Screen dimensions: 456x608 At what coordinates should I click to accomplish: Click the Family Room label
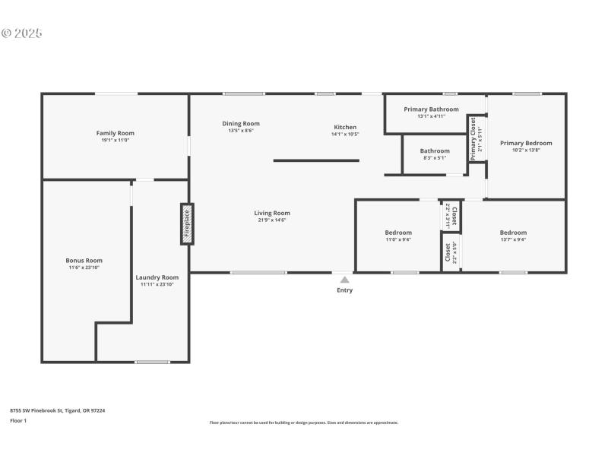coord(116,133)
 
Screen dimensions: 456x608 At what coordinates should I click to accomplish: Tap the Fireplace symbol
coord(187,223)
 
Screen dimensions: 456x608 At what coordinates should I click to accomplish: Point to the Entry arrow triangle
coord(344,280)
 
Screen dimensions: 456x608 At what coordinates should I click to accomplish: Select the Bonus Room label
coord(84,261)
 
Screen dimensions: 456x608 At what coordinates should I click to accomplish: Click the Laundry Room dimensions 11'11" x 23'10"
coord(157,284)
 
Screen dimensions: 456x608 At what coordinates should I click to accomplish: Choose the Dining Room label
coord(241,123)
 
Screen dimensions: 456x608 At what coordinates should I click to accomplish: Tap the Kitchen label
coord(345,127)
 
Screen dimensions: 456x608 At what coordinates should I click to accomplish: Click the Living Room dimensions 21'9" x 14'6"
coord(272,220)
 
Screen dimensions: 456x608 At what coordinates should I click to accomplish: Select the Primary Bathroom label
coord(431,109)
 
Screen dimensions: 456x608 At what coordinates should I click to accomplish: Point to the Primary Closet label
coord(473,138)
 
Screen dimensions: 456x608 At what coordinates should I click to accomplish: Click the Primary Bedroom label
coord(526,143)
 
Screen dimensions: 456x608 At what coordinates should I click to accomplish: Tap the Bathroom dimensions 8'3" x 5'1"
coord(435,158)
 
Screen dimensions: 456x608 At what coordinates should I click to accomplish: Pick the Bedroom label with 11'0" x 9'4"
coord(398,233)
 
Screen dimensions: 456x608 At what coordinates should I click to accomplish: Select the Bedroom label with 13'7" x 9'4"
coord(513,233)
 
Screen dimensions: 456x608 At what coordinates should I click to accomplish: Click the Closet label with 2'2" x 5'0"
coord(448,251)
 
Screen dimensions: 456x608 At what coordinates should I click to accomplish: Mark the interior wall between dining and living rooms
coord(315,160)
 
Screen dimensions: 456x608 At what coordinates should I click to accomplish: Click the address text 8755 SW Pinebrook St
coord(57,410)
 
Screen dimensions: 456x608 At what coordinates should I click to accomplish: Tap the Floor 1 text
coord(17,420)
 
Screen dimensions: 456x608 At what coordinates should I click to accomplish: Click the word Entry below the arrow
coord(344,290)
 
